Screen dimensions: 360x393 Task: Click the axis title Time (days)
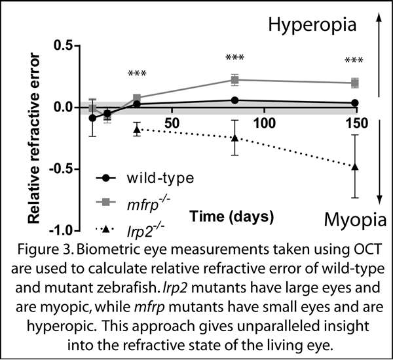tap(232, 215)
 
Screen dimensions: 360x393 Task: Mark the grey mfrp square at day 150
tap(355, 83)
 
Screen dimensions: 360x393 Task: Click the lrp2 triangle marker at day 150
tap(355, 167)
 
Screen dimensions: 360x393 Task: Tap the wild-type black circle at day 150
tap(355, 103)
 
